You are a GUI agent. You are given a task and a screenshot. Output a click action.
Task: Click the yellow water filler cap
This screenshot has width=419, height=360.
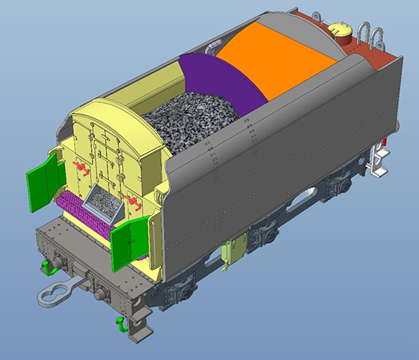click(341, 32)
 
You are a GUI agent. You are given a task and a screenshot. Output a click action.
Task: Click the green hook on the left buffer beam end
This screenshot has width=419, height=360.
click(46, 263)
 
